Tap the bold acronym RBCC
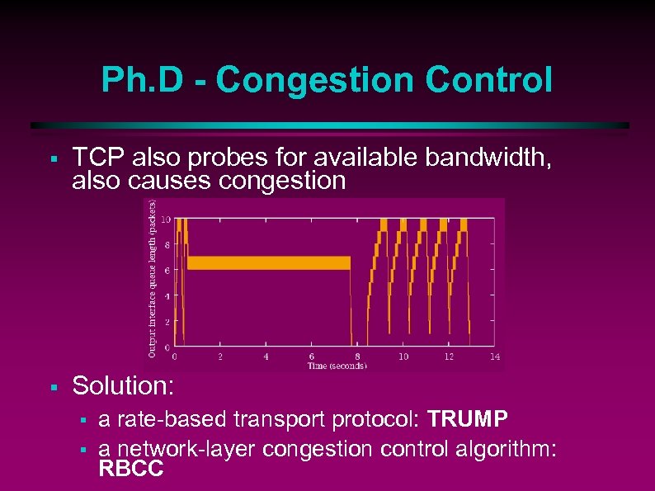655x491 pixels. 131,470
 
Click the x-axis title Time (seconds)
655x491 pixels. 337,366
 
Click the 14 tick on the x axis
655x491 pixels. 494,356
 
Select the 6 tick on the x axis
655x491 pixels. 311,356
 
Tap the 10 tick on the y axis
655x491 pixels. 166,220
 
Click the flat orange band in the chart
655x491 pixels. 268,263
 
